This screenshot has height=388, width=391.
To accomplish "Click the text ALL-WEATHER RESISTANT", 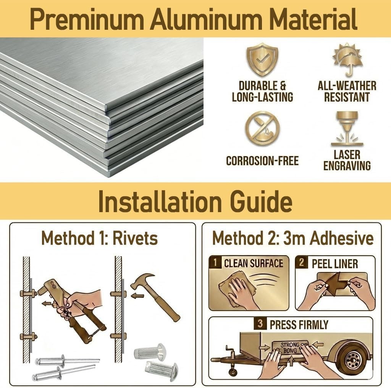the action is tap(347, 92).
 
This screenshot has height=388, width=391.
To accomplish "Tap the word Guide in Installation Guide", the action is tap(261, 201).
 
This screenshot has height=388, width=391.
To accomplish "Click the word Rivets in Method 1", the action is tap(135, 238).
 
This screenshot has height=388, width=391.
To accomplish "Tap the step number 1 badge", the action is tap(215, 262).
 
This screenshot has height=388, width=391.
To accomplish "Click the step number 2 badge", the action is tap(302, 262).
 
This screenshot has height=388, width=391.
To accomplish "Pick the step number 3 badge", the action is tap(260, 324).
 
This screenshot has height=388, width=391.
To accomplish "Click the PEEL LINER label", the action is tap(334, 264).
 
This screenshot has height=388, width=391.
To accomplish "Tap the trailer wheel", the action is tap(352, 359).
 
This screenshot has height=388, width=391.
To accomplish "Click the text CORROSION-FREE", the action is tap(262, 161).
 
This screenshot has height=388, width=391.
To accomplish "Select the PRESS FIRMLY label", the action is tap(299, 325).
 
